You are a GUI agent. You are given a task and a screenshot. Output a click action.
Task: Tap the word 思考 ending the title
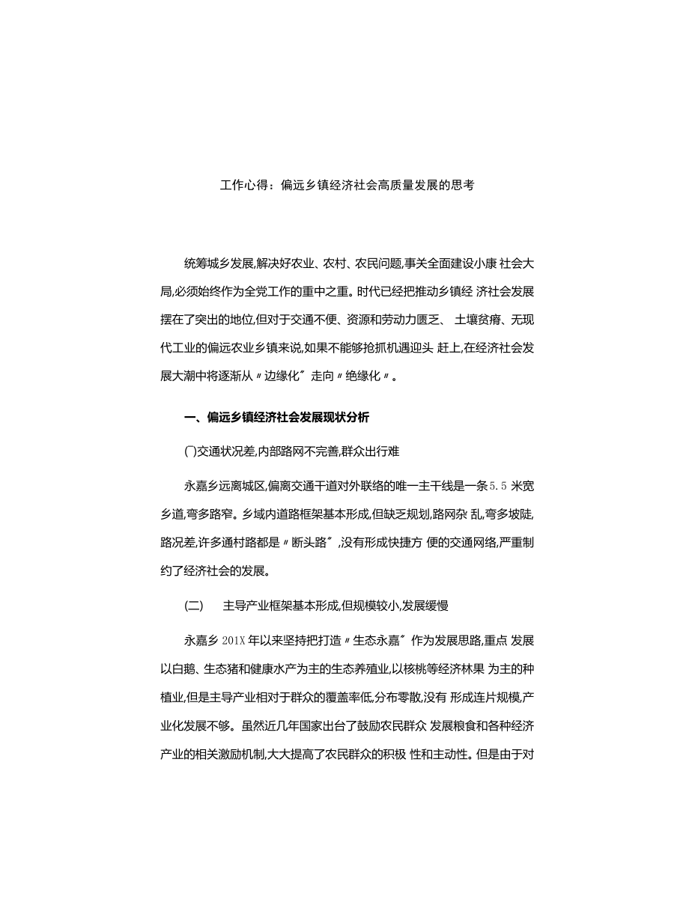click(462, 186)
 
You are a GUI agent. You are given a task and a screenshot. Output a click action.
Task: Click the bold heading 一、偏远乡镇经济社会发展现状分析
click(276, 417)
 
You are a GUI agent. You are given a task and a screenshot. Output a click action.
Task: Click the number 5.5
click(498, 486)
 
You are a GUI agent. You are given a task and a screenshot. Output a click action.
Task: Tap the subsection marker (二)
click(193, 605)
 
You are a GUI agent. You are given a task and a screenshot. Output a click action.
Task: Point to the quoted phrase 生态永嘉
click(376, 640)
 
